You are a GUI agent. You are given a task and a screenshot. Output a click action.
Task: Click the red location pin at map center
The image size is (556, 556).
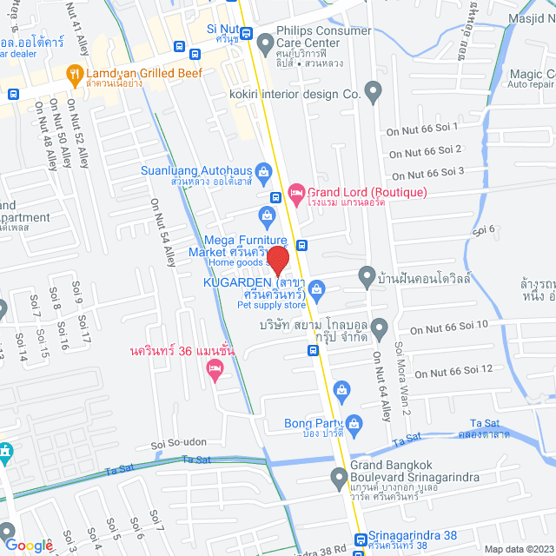click(277, 260)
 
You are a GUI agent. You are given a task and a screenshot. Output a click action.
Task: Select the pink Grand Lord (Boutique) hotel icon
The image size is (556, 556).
click(295, 191)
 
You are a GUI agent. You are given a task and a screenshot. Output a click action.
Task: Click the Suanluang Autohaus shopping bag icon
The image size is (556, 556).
click(265, 170)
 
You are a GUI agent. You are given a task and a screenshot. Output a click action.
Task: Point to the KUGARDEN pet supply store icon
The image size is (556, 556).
click(317, 288)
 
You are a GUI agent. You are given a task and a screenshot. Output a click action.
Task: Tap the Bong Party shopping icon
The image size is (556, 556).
click(341, 390)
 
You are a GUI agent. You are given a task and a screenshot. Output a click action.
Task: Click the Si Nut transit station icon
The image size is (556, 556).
click(246, 35)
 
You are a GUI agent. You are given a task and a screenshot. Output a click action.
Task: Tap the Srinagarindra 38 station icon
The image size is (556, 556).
click(360, 539)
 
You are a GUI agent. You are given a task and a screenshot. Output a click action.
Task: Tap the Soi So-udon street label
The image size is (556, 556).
click(178, 442)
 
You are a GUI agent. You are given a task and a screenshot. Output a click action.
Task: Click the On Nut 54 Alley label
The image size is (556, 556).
click(162, 231)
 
